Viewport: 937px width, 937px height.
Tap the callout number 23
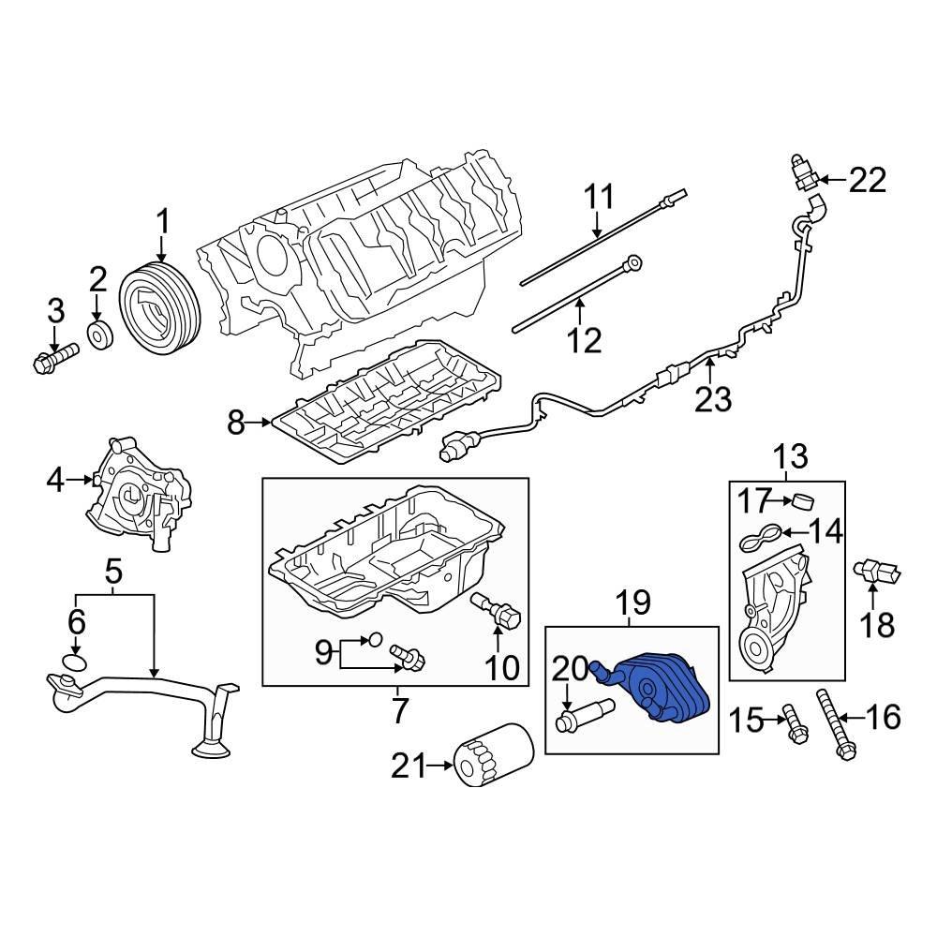tap(713, 399)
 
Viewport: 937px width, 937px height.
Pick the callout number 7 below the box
tap(400, 712)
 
